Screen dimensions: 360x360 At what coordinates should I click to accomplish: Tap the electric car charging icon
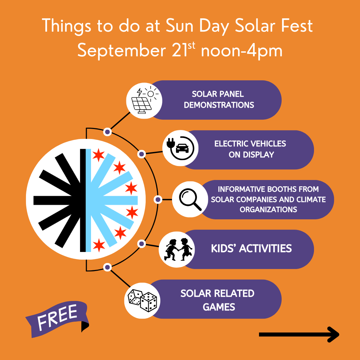click(180, 148)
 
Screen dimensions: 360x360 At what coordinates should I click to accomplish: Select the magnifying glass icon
click(190, 199)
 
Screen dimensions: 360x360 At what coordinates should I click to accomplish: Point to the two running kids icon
click(178, 249)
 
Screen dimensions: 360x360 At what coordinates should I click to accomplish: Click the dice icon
click(142, 300)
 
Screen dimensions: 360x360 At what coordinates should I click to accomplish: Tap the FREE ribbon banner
click(57, 319)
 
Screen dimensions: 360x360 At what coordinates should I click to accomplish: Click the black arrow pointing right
click(299, 335)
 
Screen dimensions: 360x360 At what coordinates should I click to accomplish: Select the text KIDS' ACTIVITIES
click(251, 249)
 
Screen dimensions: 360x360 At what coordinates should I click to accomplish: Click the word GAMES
click(219, 307)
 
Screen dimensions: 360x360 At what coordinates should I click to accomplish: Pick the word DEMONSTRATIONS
click(219, 105)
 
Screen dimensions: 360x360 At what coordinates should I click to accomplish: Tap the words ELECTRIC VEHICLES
click(250, 144)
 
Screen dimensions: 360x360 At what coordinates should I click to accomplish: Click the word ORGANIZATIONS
click(268, 209)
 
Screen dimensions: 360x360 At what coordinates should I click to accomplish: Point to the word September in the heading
click(122, 51)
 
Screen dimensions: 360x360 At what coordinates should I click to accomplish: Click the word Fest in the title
click(297, 25)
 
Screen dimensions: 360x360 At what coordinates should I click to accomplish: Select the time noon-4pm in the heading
click(242, 51)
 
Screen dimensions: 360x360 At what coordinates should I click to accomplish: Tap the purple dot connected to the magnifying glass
click(158, 200)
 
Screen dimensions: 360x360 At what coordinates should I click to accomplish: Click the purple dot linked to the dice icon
click(107, 267)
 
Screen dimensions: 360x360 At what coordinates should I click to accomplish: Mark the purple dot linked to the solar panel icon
click(107, 132)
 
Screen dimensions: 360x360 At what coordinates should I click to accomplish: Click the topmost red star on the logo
click(98, 155)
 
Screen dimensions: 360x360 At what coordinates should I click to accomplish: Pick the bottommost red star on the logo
click(99, 245)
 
